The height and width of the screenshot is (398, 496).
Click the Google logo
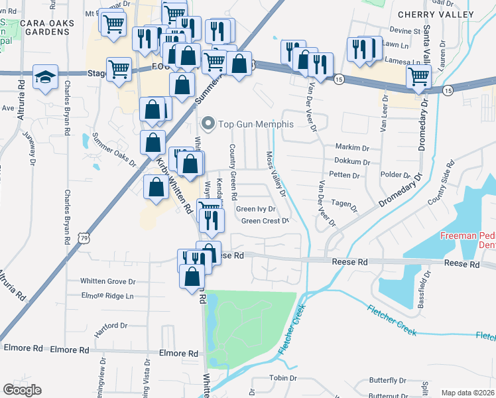coord(23,389)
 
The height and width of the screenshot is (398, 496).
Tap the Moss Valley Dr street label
coord(276,174)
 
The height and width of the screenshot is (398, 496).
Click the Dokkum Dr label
coord(352,161)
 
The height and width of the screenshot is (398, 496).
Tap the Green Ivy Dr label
coord(255,209)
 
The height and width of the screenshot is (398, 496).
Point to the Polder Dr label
coord(397,175)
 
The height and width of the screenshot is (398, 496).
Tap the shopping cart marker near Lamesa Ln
coord(418,77)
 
